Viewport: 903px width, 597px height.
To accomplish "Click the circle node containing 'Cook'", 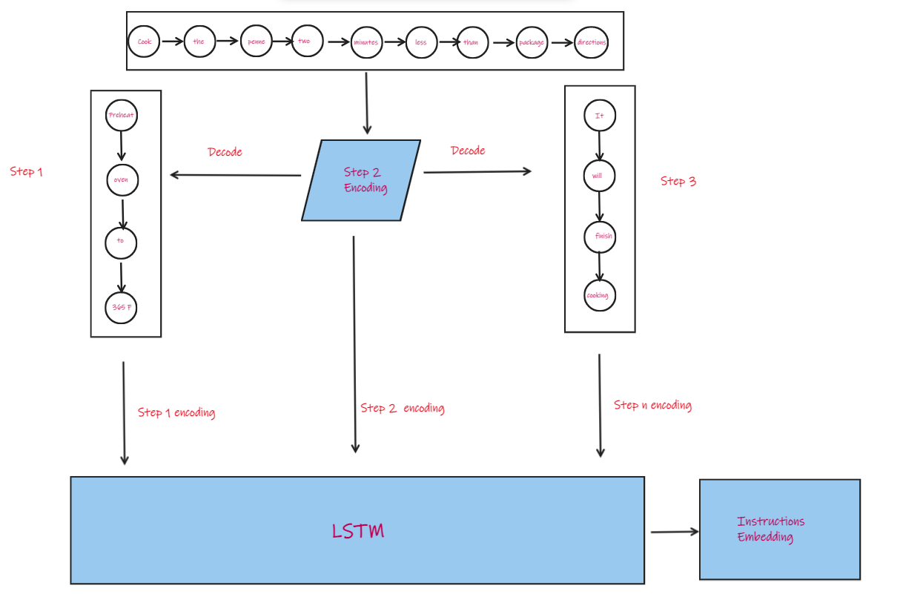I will (x=144, y=42).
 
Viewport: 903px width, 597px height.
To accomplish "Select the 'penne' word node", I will (x=257, y=42).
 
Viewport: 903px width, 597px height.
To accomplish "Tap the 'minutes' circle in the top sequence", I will (x=365, y=42).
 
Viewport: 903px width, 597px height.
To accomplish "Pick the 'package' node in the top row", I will (x=532, y=42).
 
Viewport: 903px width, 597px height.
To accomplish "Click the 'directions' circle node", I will (x=591, y=42).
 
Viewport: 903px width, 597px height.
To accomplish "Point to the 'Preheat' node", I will (x=122, y=116).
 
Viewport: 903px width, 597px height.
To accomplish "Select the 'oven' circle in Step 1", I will (x=122, y=180).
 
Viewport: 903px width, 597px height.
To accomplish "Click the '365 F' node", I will (x=121, y=308).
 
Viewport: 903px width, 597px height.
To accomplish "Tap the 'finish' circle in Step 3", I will (x=600, y=237).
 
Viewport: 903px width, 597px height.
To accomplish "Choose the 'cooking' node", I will (x=599, y=296).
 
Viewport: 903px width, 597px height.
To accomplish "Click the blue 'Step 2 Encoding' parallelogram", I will (x=361, y=180).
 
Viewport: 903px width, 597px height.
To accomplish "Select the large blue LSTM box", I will (x=357, y=530).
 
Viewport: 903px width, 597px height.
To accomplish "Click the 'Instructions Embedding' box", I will (x=779, y=530).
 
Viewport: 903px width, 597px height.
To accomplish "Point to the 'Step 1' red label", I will (x=27, y=171).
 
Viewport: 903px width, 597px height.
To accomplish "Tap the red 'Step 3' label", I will (x=678, y=181).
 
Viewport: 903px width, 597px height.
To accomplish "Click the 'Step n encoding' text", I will (x=652, y=405).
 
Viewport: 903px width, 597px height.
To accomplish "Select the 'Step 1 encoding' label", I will (x=176, y=412).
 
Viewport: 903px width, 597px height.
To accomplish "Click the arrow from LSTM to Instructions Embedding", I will (x=674, y=531).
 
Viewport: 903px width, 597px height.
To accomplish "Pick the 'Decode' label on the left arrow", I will (x=225, y=152).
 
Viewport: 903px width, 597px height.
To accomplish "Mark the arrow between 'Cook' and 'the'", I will (x=172, y=42).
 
